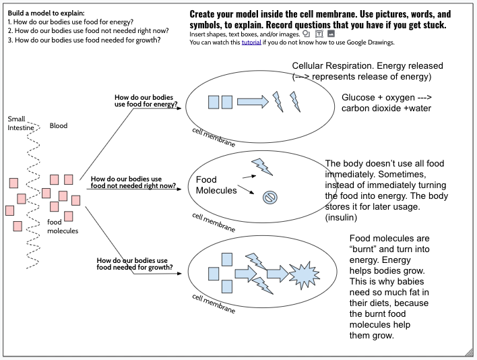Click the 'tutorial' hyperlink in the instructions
251,42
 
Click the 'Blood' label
59,125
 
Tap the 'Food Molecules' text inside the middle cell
216,185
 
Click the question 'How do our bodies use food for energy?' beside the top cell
146,100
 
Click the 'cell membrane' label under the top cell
214,137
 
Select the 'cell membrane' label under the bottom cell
214,304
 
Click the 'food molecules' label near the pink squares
63,227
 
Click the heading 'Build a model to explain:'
46,13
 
